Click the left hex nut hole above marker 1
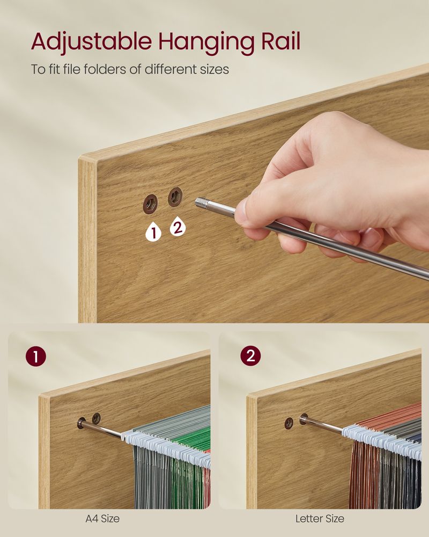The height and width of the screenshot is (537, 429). (150, 204)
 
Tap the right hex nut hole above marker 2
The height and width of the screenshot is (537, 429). (175, 197)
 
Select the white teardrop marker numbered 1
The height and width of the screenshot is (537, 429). (153, 231)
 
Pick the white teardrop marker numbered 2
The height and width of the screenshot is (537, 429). (178, 227)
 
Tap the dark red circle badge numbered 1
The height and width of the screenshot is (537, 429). (35, 357)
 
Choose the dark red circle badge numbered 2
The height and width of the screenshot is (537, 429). (250, 356)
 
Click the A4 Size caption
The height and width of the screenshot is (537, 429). (102, 519)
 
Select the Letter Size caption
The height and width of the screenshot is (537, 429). (320, 519)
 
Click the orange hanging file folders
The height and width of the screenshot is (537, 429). (365, 473)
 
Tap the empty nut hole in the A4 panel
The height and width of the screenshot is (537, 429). (96, 417)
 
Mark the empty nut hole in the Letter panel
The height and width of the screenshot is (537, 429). (289, 423)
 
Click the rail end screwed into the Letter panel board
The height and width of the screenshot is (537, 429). (305, 419)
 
